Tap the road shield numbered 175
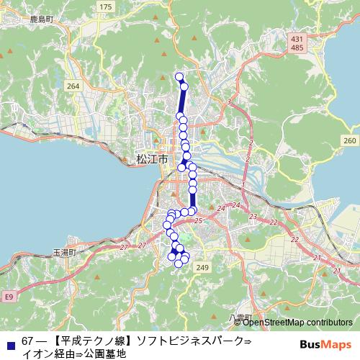click(x=106, y=6)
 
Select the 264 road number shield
click(x=72, y=86)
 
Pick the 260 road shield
click(x=350, y=140)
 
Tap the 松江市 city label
click(x=151, y=158)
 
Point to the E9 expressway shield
click(x=8, y=296)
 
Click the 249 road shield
click(x=202, y=268)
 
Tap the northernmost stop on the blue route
click(x=179, y=76)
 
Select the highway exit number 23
click(x=253, y=217)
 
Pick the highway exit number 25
click(x=197, y=220)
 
